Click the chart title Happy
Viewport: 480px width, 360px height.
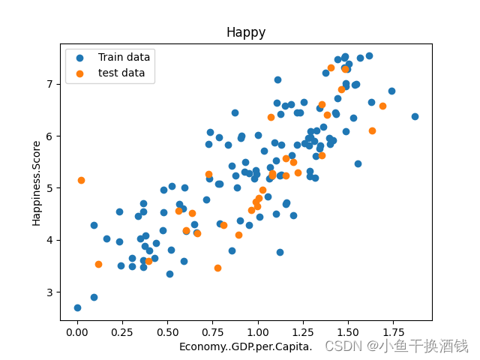(x=246, y=33)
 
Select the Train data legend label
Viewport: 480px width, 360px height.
(x=124, y=57)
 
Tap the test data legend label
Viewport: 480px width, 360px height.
(x=121, y=73)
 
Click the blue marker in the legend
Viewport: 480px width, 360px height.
(x=80, y=57)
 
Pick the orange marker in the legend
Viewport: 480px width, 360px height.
(x=80, y=73)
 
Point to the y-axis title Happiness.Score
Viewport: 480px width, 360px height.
(x=37, y=181)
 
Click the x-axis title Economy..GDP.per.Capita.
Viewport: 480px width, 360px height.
(x=245, y=346)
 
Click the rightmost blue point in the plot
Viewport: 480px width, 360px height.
(x=415, y=116)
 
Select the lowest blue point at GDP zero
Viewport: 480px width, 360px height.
(x=77, y=307)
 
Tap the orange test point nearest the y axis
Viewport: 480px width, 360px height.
(x=81, y=180)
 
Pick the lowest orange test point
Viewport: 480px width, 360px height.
(x=217, y=268)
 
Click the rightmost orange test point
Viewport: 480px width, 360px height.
(x=382, y=106)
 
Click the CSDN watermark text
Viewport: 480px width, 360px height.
(x=396, y=346)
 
